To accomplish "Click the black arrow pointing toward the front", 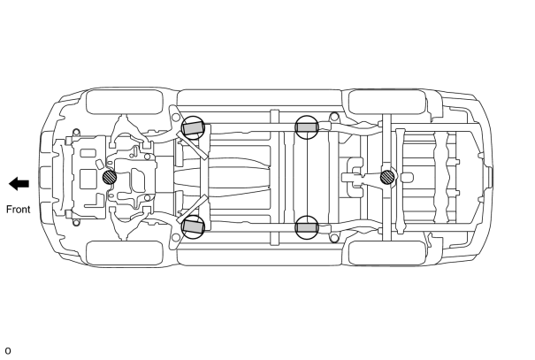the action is [x=19, y=184].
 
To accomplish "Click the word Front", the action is [x=19, y=209].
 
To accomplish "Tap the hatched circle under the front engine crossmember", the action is [x=110, y=177].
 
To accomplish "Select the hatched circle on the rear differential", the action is [x=387, y=177].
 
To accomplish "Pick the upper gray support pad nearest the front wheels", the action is [x=194, y=128].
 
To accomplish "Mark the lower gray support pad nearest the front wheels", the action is [x=194, y=226].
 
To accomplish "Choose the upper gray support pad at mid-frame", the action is [x=307, y=127].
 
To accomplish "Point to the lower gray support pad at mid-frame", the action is [x=307, y=227].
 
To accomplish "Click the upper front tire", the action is [x=125, y=102].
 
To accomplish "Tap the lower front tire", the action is [x=125, y=253].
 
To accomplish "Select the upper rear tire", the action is [x=387, y=102].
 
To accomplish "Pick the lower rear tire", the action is [x=387, y=253].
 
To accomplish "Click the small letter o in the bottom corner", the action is [x=8, y=351].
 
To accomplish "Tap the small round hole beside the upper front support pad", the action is [x=176, y=118].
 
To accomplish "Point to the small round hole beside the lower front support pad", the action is [x=176, y=238].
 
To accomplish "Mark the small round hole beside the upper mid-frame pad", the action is [x=334, y=117].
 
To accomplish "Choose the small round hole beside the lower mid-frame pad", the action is [x=334, y=238].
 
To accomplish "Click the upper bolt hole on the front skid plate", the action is [x=76, y=132].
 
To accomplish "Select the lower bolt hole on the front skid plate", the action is [x=76, y=223].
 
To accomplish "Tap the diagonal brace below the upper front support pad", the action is [x=192, y=145].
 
